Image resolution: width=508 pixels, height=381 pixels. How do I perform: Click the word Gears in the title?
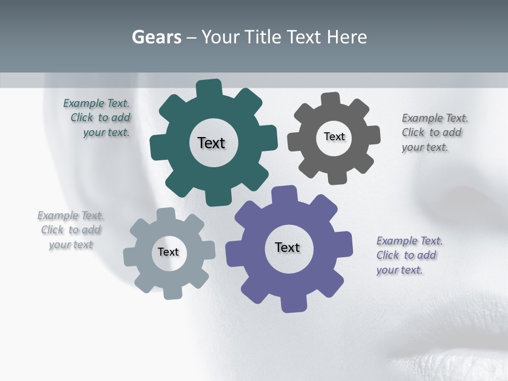pos(156,37)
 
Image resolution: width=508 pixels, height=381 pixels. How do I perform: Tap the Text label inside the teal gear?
pos(211,143)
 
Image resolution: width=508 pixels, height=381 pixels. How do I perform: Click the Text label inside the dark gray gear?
pos(334,137)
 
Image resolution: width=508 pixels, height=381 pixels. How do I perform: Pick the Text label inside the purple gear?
pos(287,247)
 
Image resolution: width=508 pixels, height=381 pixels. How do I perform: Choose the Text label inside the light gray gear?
pos(168,252)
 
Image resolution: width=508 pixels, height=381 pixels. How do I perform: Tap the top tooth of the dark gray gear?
pos(331,99)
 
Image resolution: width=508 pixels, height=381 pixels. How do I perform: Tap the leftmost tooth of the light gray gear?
pos(130,256)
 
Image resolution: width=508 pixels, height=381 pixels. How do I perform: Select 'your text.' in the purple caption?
pos(400,270)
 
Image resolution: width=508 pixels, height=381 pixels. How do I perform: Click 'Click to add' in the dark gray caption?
pos(431,132)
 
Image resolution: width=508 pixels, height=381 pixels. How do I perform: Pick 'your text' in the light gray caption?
pos(71,244)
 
